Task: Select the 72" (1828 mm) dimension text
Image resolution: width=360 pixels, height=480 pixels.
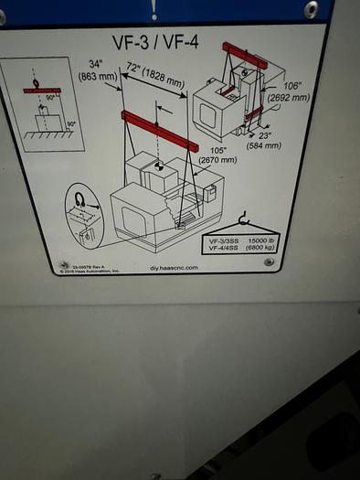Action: pos(156,77)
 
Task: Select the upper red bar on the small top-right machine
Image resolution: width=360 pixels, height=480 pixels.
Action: pos(244,56)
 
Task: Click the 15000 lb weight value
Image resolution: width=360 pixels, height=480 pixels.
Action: pos(273,240)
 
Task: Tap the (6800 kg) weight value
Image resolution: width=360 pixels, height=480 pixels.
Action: pos(273,248)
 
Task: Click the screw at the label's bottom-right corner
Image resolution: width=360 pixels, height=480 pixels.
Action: pos(268,262)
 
